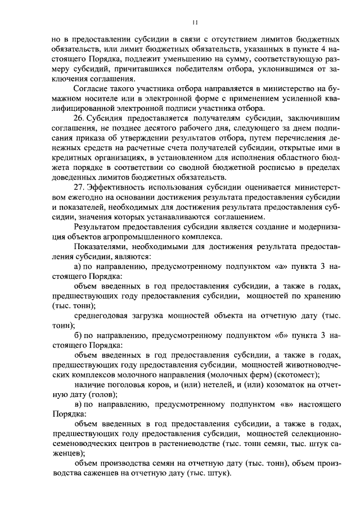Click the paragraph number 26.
pos(79,119)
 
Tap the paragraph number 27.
pos(79,187)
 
